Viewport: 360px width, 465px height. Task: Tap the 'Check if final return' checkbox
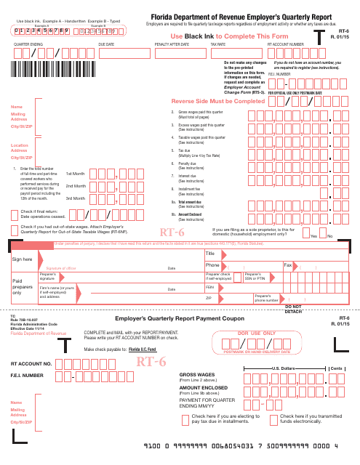click(x=15, y=214)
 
